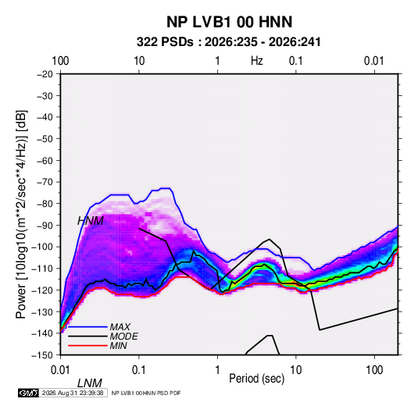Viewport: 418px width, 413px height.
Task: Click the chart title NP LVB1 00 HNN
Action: (x=229, y=22)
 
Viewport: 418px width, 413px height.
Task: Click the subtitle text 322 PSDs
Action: (x=165, y=42)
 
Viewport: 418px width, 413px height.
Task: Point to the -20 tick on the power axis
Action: (x=45, y=74)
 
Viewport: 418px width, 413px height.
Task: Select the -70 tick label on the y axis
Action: (x=45, y=182)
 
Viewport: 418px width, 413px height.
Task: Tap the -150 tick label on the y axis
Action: (x=42, y=355)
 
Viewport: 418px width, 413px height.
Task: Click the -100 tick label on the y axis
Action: (x=42, y=247)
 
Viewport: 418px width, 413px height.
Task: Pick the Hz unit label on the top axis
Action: (x=257, y=61)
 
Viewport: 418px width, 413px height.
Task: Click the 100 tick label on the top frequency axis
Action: (x=60, y=61)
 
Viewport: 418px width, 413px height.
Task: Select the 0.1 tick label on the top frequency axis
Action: (x=296, y=61)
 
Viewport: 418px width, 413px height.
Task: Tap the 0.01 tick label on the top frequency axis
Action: (x=374, y=61)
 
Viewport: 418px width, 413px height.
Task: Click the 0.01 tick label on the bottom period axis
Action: (x=61, y=370)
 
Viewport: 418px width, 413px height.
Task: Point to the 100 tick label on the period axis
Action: (x=374, y=370)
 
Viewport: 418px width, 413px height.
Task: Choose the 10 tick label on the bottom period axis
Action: (x=296, y=370)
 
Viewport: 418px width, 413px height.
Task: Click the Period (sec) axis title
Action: (x=257, y=379)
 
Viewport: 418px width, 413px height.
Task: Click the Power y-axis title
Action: (x=21, y=214)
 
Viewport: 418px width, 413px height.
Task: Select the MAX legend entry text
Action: (x=120, y=327)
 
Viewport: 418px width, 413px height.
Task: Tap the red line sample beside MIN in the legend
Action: (x=88, y=346)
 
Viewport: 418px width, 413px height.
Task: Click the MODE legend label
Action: (x=123, y=336)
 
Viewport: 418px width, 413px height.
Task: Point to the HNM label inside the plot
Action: (x=91, y=221)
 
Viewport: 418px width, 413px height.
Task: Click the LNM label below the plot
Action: (x=90, y=383)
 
